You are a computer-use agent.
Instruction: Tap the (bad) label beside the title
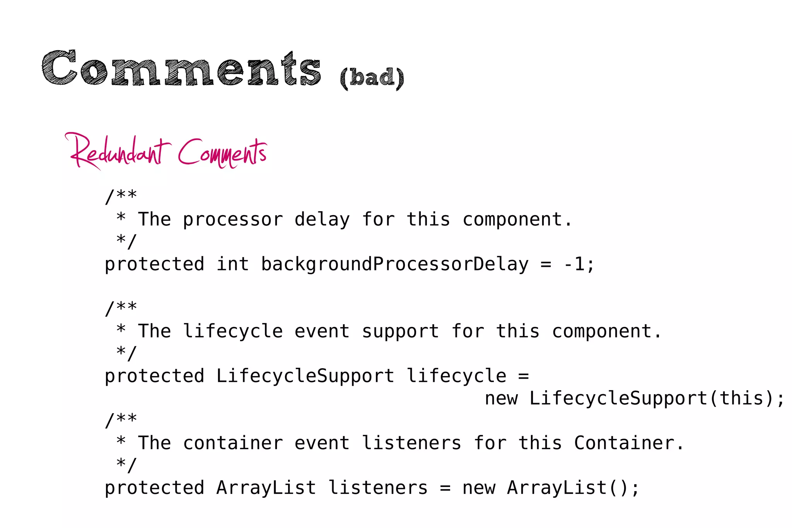(372, 77)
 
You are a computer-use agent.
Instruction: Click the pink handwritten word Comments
(222, 153)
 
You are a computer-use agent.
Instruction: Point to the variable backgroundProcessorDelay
(394, 265)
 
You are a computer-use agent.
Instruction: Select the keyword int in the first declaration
(232, 265)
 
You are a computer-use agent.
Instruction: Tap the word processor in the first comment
(233, 220)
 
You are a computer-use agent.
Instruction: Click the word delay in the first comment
(322, 220)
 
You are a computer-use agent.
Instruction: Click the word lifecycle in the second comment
(233, 331)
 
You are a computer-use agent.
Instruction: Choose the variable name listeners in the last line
(378, 488)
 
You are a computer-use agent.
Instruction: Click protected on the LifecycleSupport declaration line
(154, 376)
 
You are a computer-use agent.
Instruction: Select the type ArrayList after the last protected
(266, 488)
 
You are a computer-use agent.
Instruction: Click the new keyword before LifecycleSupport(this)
(501, 398)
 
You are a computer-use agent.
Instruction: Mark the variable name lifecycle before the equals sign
(456, 376)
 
